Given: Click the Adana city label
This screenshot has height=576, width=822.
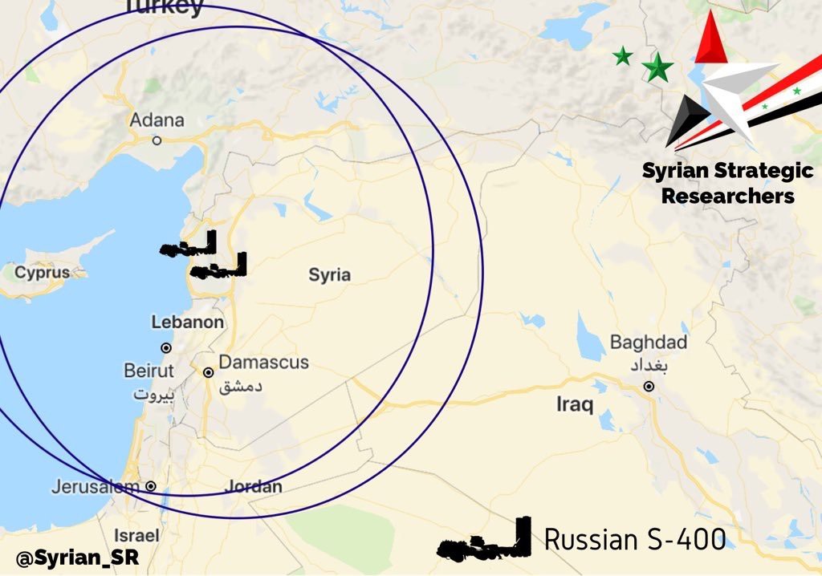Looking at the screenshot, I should point(157,120).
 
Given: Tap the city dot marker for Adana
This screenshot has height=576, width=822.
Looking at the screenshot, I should point(157,140).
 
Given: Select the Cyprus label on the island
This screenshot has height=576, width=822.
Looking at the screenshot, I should point(43,273).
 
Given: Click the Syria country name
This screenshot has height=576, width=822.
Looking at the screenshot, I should point(330,275).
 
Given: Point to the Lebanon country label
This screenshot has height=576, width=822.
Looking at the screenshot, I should point(188,322).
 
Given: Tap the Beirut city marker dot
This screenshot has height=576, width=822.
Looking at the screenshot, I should point(166,348).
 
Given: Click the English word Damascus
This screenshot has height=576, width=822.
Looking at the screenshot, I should point(263,363).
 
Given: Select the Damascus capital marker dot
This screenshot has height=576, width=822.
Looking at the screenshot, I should point(208,372).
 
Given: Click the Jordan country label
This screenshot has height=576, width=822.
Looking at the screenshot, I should point(253,487).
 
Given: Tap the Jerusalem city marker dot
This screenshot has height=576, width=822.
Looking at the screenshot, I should point(150,486).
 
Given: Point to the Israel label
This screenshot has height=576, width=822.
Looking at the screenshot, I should point(136,535).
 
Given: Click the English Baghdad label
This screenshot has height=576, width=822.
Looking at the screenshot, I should point(649,343).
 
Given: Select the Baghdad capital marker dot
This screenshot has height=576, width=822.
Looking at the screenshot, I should point(649,387).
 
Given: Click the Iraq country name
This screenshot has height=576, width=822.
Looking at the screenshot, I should point(575,404).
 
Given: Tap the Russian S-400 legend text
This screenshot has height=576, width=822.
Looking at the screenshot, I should point(635,540).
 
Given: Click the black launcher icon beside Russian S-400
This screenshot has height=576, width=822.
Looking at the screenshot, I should point(485,541).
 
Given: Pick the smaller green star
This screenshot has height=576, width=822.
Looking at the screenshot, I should point(622,56).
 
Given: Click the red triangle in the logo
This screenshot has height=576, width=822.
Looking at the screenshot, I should point(710,40).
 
